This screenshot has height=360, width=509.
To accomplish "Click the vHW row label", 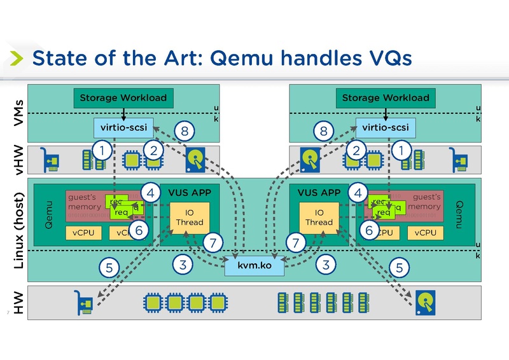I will [x=19, y=160].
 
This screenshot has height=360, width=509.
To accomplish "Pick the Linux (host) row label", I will [x=19, y=230].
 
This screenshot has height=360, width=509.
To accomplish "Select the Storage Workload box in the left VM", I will [x=123, y=98].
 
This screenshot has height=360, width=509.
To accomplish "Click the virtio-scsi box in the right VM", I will [x=385, y=128].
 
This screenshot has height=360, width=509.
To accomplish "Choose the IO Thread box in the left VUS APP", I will [x=189, y=218].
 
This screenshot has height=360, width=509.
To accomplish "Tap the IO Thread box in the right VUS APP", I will [x=319, y=218].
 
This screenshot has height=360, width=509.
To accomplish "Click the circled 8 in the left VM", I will [x=185, y=132].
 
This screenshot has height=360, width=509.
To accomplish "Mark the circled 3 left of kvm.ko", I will [x=183, y=265].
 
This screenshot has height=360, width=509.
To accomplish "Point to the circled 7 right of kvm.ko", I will [x=295, y=242].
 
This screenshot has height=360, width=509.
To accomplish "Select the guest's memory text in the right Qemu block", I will [x=422, y=202].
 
